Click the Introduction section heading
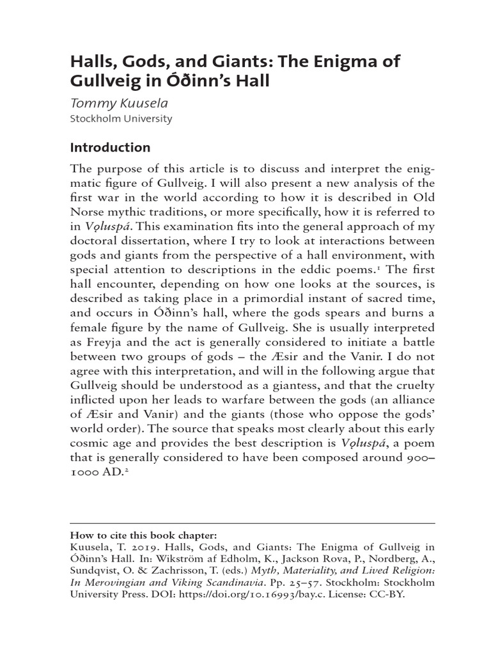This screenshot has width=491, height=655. point(109,148)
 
